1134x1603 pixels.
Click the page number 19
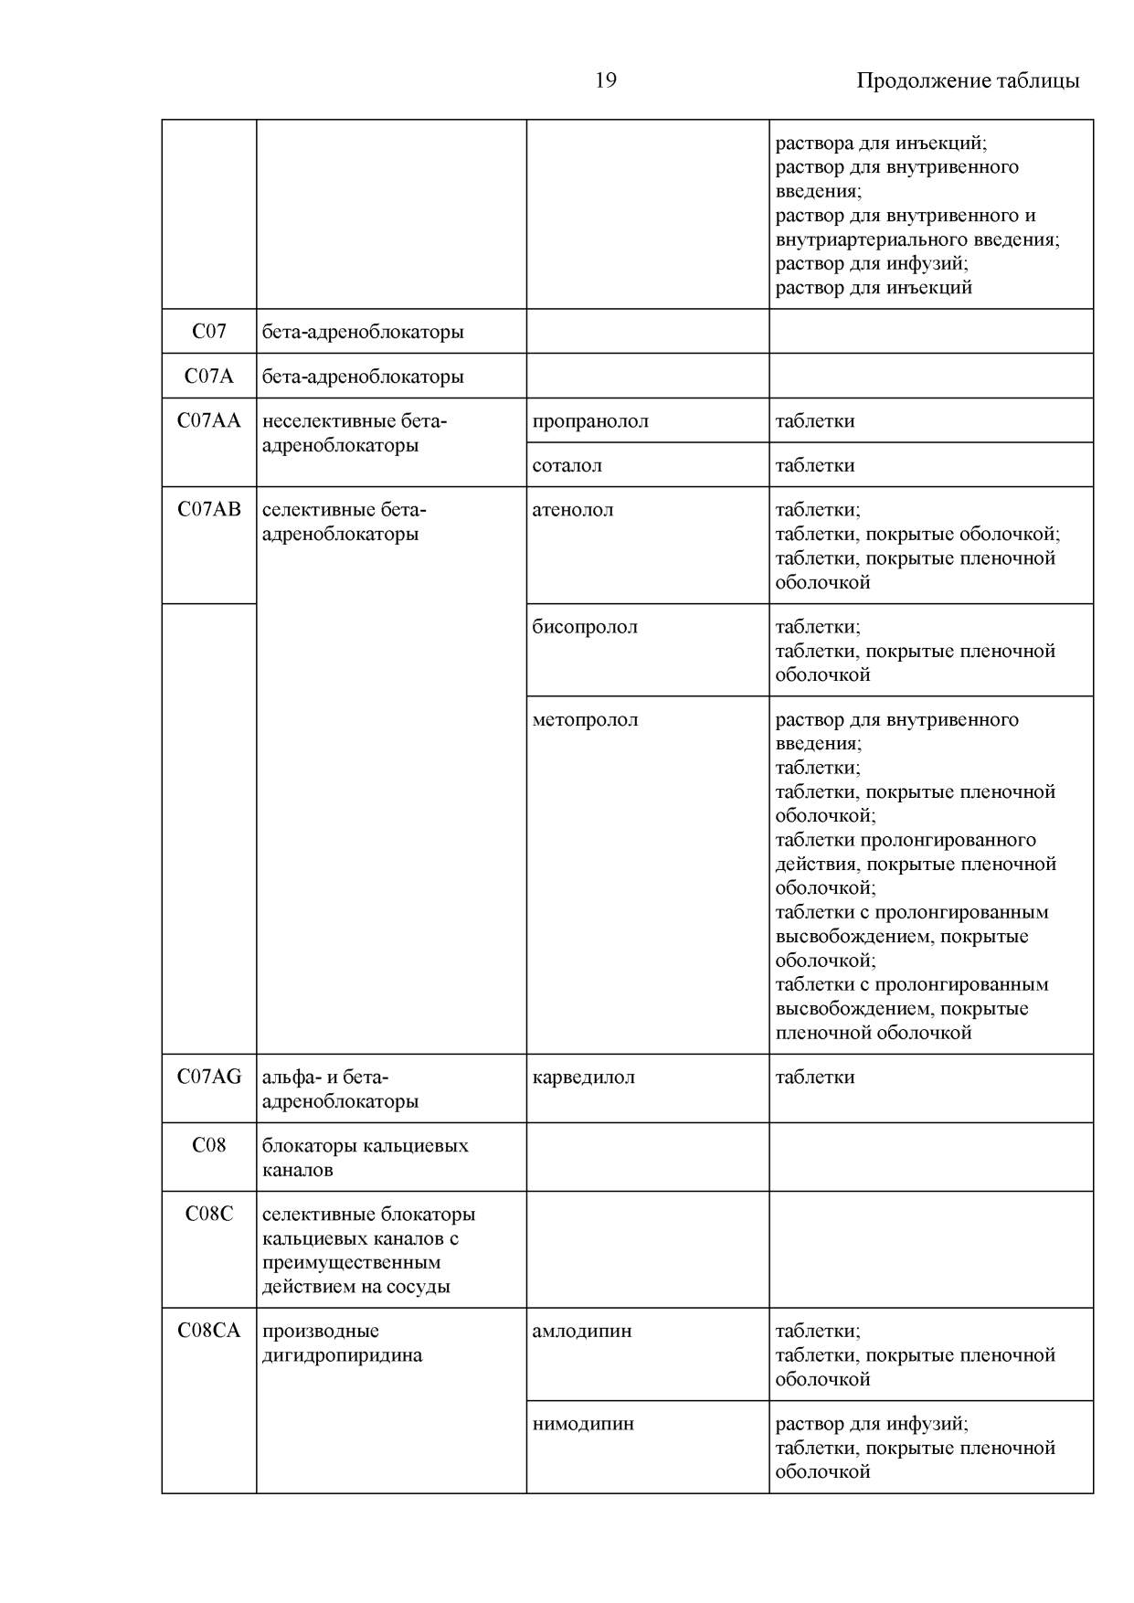pos(605,80)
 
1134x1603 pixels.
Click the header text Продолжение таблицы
pos(967,80)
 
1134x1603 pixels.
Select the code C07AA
pos(209,420)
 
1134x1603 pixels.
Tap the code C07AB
pos(209,509)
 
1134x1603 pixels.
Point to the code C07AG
pos(209,1077)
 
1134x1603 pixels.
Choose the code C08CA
pos(209,1331)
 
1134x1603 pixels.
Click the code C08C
pos(209,1214)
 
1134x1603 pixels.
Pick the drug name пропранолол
pos(590,421)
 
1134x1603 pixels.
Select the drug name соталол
pos(567,465)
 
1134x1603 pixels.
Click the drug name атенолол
pos(573,510)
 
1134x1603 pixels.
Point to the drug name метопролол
pos(585,720)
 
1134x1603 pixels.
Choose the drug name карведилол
pos(583,1078)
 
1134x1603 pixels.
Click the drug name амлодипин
pos(582,1332)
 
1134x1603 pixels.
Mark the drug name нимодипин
pos(583,1424)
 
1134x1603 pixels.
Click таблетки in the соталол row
pos(815,465)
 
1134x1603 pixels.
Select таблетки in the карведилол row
pos(815,1078)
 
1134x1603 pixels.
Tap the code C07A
pos(209,376)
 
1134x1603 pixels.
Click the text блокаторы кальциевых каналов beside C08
pos(365,1157)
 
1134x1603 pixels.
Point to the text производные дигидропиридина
pos(343,1343)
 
